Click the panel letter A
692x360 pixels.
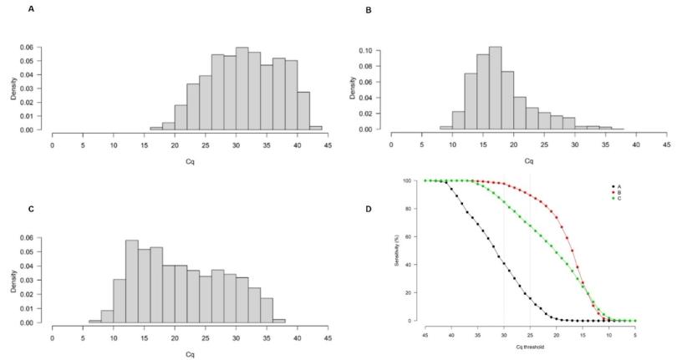[31, 8]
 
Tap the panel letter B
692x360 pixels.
[369, 10]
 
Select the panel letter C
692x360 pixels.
[31, 185]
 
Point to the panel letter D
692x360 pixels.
[369, 208]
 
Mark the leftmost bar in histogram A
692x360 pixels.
[156, 129]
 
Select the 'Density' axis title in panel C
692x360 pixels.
[13, 280]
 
